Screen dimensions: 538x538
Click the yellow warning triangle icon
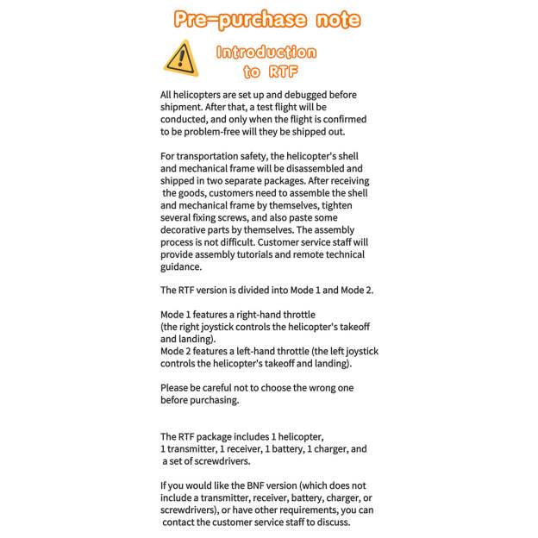[181, 58]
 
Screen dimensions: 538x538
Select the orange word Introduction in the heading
[266, 52]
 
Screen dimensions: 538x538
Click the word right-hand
[257, 315]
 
